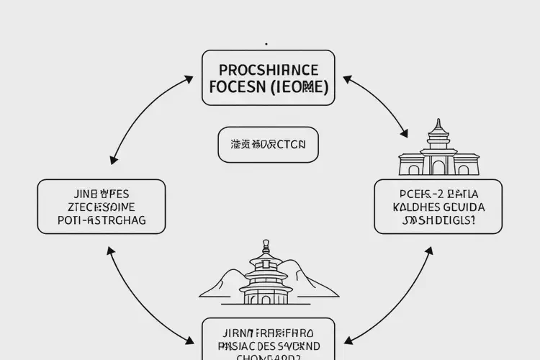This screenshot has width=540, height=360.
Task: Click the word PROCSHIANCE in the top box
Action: click(x=268, y=70)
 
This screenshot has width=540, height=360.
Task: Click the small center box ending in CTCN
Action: click(x=268, y=144)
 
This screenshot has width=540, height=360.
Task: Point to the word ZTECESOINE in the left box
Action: click(x=101, y=207)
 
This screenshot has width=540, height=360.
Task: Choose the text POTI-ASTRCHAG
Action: click(x=101, y=220)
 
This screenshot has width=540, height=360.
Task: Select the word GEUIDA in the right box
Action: click(x=461, y=207)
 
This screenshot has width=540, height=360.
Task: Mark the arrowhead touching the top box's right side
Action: click(x=348, y=77)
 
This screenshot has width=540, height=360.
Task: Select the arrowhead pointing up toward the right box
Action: click(x=430, y=251)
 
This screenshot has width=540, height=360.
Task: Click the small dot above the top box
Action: click(x=267, y=43)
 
